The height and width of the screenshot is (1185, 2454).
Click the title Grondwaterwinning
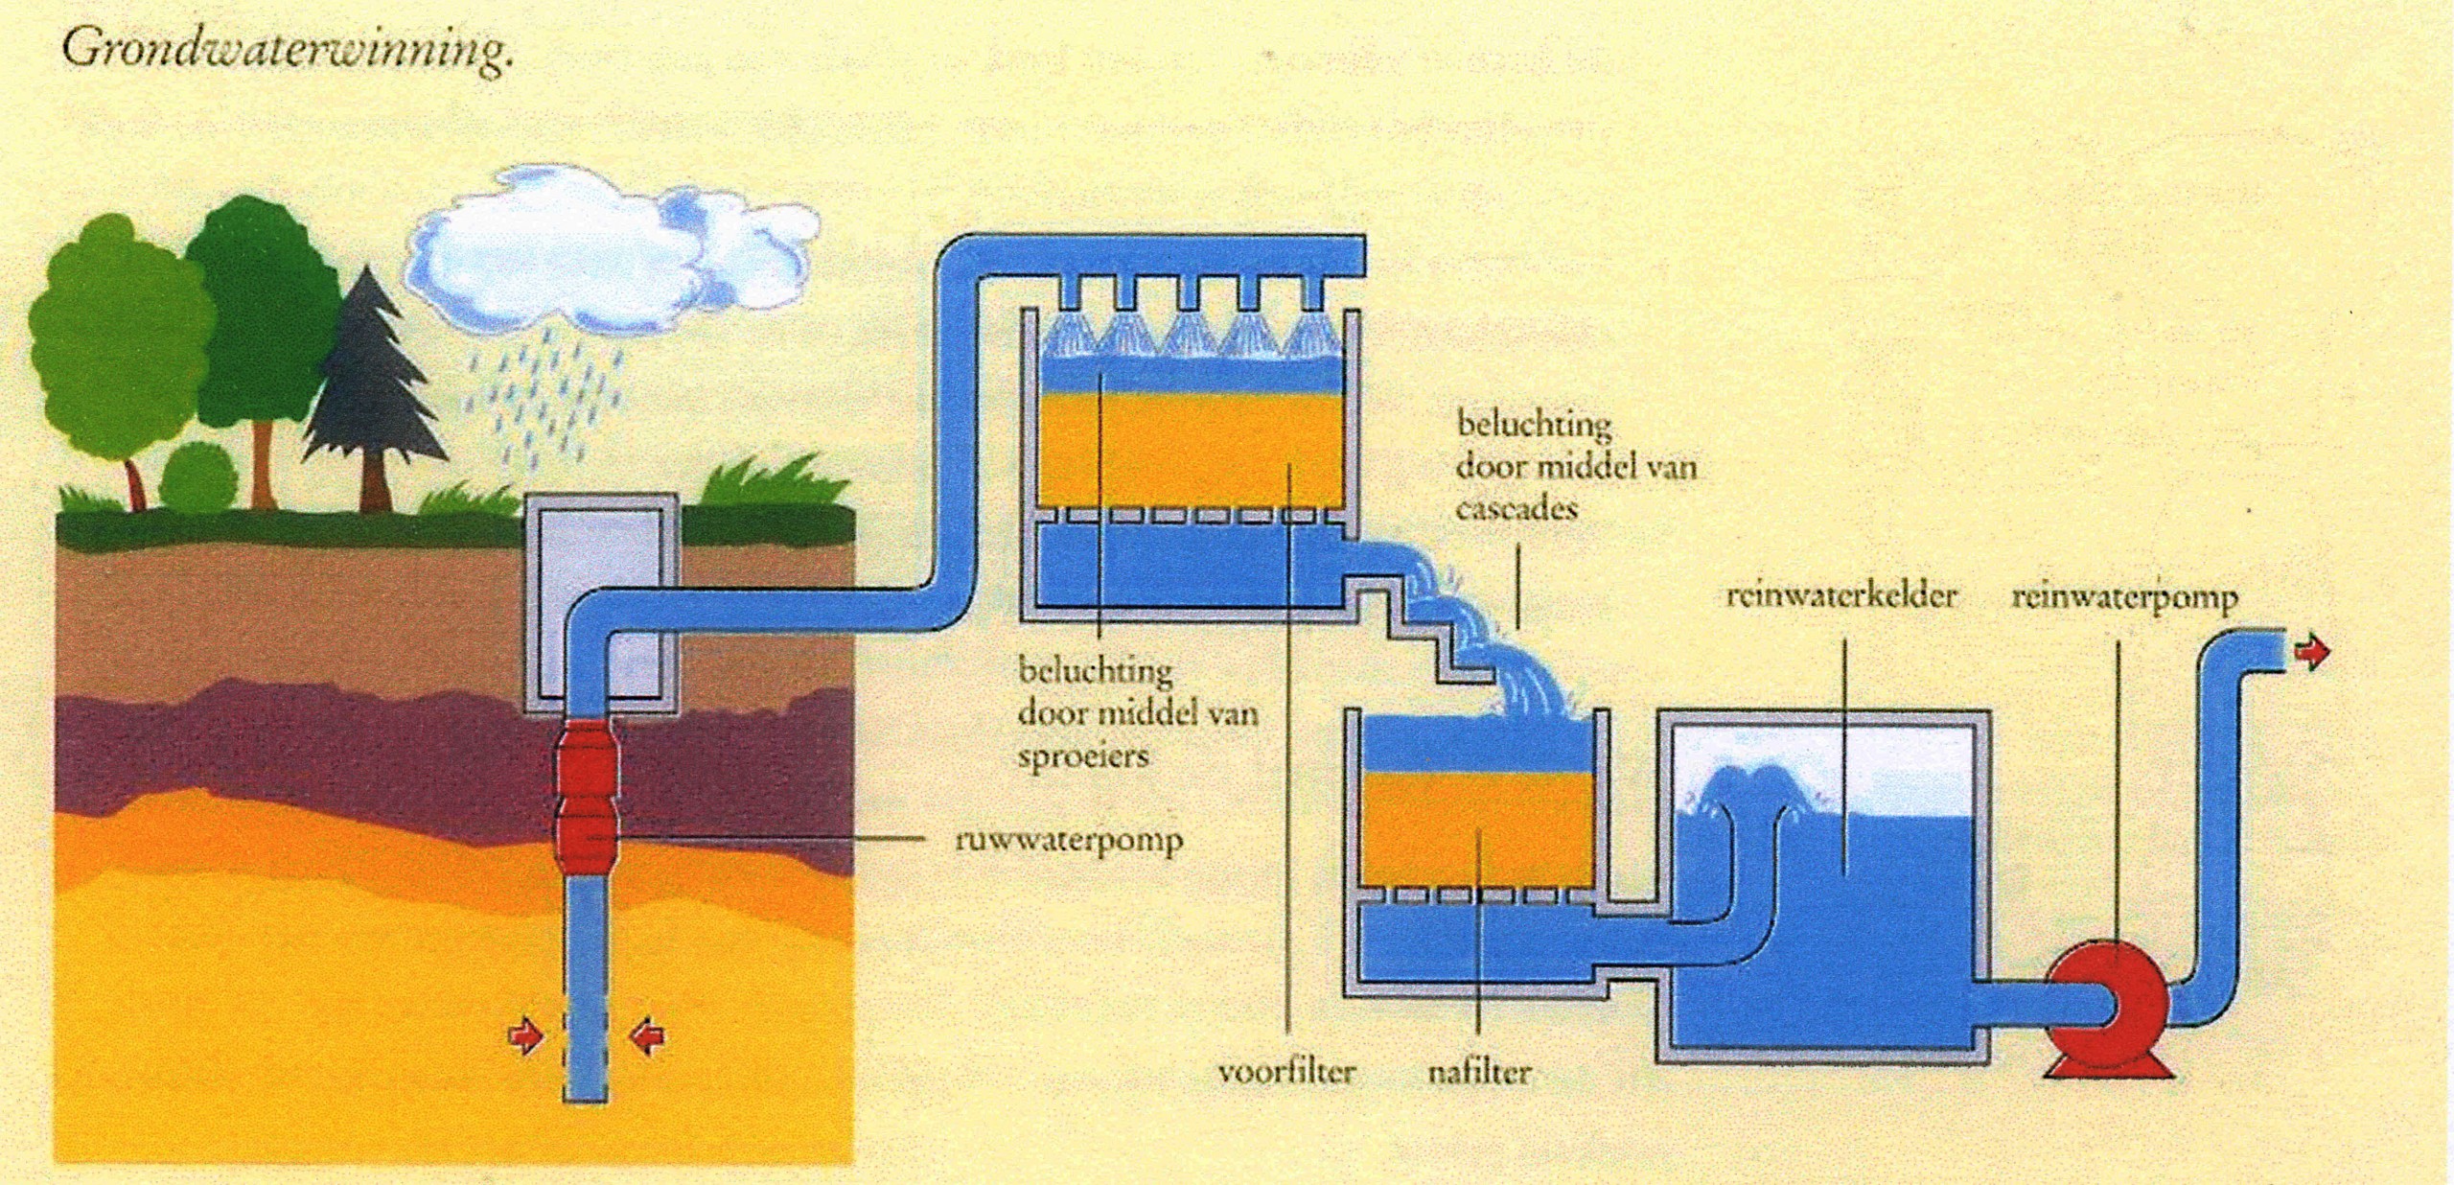(288, 48)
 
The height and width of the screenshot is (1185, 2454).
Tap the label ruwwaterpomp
(1069, 841)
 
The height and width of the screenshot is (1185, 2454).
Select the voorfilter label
(1286, 1071)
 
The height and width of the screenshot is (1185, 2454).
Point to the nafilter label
(1480, 1071)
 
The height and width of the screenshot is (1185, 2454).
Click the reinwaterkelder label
(1840, 595)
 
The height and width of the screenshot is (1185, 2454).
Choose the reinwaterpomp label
(2124, 597)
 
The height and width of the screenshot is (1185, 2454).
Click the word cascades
(1516, 507)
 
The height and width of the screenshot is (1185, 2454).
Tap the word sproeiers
(1083, 756)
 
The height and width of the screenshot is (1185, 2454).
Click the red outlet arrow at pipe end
(2312, 654)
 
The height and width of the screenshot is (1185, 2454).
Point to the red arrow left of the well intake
(525, 1036)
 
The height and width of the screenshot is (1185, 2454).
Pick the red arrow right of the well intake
(648, 1036)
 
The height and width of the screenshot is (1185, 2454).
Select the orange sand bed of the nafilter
(1477, 830)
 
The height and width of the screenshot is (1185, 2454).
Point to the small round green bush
(197, 476)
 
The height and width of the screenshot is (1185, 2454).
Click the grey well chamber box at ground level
(601, 604)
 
